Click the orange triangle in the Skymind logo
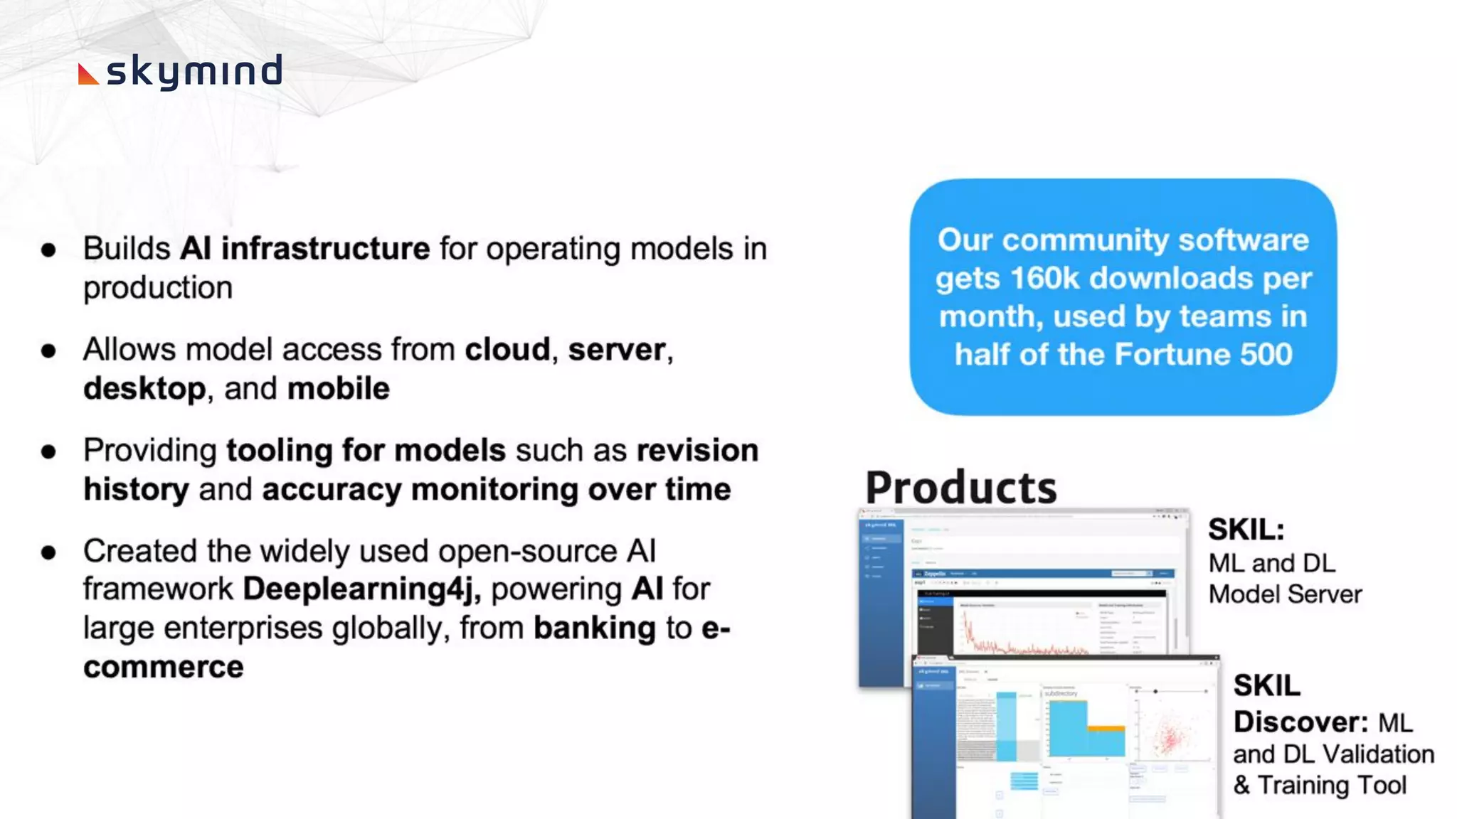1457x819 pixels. click(x=87, y=75)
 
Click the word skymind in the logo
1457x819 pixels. click(x=194, y=72)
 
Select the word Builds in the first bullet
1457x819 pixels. click(x=127, y=249)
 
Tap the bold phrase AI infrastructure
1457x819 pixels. click(x=304, y=249)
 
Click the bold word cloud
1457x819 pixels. click(x=507, y=350)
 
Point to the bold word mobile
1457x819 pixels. click(x=339, y=389)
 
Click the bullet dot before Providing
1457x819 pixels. click(x=48, y=451)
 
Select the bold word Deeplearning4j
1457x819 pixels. click(x=361, y=589)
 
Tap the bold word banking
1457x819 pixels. click(x=595, y=628)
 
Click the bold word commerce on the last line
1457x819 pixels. click(x=163, y=667)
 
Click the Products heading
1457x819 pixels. click(x=960, y=488)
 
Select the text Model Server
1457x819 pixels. click(x=1285, y=594)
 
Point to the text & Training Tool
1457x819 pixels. click(x=1320, y=785)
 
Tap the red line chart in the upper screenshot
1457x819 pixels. click(x=1017, y=636)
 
